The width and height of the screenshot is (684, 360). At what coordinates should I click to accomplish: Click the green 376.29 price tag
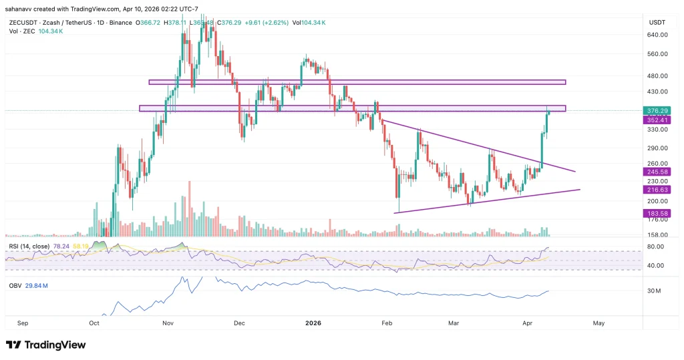click(655, 110)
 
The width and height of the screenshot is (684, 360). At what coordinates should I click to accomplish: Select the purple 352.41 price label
click(655, 120)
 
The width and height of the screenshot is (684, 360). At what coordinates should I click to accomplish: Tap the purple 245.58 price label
click(655, 172)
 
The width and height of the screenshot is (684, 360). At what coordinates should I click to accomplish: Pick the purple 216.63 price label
click(655, 190)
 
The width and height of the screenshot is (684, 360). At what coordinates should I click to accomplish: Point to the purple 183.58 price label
click(655, 213)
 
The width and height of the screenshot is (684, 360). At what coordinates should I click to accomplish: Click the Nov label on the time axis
click(168, 323)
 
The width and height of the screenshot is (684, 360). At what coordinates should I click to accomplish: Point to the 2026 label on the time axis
click(313, 323)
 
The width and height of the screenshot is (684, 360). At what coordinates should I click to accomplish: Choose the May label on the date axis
click(598, 323)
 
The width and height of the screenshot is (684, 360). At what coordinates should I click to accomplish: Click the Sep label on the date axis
click(23, 323)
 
